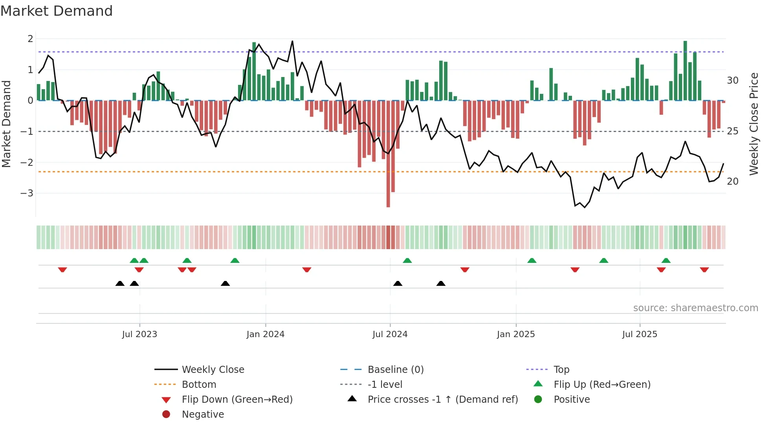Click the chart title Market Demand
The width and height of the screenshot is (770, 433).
pyautogui.click(x=57, y=11)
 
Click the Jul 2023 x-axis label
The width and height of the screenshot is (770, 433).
pyautogui.click(x=139, y=334)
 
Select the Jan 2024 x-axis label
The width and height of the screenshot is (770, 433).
pyautogui.click(x=265, y=334)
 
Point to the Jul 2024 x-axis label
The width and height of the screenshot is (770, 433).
pyautogui.click(x=390, y=334)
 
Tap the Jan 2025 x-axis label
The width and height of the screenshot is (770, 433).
pyautogui.click(x=515, y=334)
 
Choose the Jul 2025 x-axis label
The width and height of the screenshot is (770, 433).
pyautogui.click(x=640, y=334)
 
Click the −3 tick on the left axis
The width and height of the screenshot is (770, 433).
pyautogui.click(x=27, y=193)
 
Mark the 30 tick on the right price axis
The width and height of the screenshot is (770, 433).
pyautogui.click(x=732, y=81)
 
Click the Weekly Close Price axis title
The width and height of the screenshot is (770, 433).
pyautogui.click(x=753, y=124)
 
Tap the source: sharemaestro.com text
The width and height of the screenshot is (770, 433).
pyautogui.click(x=695, y=308)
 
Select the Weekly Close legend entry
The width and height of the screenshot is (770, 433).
pyautogui.click(x=213, y=370)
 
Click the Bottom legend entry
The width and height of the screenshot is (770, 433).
pyautogui.click(x=199, y=385)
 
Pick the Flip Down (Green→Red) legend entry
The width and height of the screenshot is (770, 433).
pyautogui.click(x=237, y=400)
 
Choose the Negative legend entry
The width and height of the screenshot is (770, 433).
pyautogui.click(x=203, y=415)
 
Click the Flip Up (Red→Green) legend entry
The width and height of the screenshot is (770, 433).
pyautogui.click(x=602, y=385)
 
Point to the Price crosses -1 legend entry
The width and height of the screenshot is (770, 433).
pyautogui.click(x=443, y=400)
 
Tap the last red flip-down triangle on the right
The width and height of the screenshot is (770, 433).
pyautogui.click(x=704, y=270)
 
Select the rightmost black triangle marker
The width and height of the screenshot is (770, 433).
pyautogui.click(x=441, y=283)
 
